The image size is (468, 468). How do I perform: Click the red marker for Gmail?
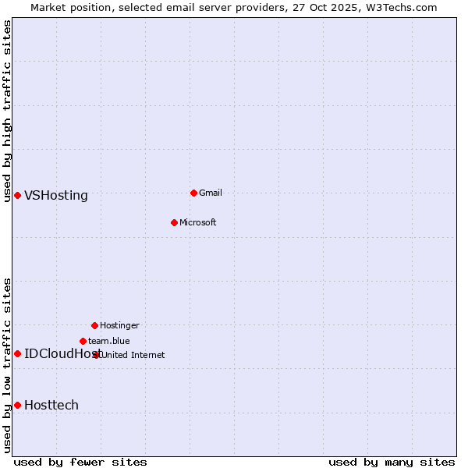[193, 193]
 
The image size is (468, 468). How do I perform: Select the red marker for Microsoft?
[174, 222]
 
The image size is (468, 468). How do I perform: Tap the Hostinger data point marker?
[94, 325]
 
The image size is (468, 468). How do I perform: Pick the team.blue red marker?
[83, 341]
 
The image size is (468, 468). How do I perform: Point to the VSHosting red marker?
[17, 195]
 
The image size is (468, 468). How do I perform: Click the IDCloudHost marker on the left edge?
[17, 353]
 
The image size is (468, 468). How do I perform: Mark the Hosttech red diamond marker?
[17, 405]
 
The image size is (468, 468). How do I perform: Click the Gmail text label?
[211, 193]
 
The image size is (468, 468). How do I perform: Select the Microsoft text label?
[197, 222]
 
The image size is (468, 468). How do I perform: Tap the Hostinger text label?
[119, 325]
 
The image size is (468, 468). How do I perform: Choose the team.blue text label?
[108, 341]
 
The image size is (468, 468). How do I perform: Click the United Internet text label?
[133, 355]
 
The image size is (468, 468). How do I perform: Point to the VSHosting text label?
[56, 196]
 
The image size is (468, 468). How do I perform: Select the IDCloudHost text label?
[58, 354]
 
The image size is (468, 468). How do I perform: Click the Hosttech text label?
[51, 406]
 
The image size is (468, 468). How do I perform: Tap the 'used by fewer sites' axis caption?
[80, 462]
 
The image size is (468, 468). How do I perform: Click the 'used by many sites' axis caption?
[392, 462]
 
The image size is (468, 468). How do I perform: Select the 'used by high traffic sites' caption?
[7, 111]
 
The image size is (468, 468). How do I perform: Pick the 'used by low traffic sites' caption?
[7, 365]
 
